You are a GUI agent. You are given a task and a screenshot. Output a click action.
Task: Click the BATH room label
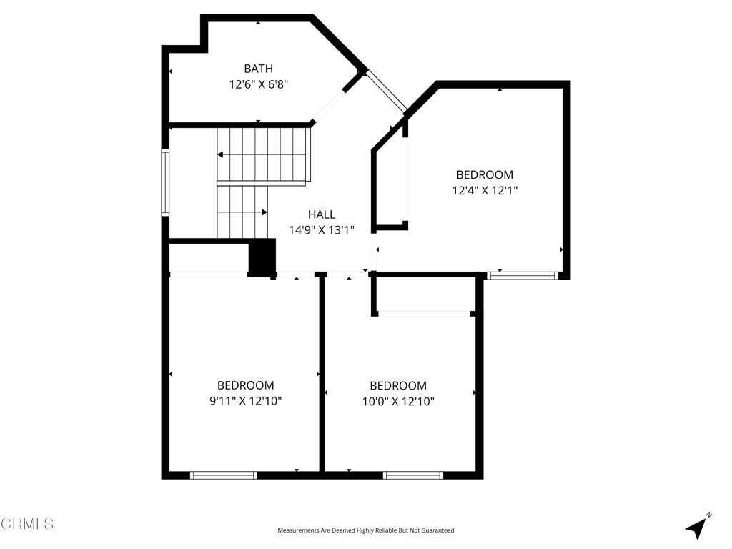pyautogui.click(x=258, y=69)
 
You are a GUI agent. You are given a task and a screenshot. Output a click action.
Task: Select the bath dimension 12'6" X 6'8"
pyautogui.click(x=258, y=84)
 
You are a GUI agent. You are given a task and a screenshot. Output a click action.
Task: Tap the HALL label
pyautogui.click(x=322, y=214)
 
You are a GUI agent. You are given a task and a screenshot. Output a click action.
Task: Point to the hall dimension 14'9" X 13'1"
pyautogui.click(x=322, y=230)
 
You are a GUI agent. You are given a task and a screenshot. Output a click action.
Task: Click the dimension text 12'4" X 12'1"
pyautogui.click(x=485, y=191)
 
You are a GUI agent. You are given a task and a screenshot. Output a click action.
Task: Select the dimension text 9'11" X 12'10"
pyautogui.click(x=245, y=401)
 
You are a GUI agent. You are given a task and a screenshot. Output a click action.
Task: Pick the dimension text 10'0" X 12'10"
pyautogui.click(x=398, y=402)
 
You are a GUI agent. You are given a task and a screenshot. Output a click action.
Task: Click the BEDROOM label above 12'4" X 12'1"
pyautogui.click(x=485, y=174)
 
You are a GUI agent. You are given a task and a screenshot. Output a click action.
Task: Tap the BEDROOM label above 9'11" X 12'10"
pyautogui.click(x=245, y=385)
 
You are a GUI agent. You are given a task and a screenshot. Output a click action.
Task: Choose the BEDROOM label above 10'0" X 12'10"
pyautogui.click(x=398, y=386)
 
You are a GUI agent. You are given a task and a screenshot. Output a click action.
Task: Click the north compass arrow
pyautogui.click(x=696, y=528)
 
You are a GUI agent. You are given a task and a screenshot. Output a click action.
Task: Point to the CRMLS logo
pyautogui.click(x=27, y=524)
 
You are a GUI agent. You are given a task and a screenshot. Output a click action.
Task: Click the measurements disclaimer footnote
pyautogui.click(x=365, y=530)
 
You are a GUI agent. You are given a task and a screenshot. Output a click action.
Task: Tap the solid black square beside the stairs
pyautogui.click(x=262, y=257)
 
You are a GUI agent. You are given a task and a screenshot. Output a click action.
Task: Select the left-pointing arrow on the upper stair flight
pyautogui.click(x=221, y=154)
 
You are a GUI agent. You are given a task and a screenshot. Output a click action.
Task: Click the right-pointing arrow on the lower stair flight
pyautogui.click(x=264, y=212)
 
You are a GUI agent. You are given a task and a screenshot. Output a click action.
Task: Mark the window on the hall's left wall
pyautogui.click(x=165, y=182)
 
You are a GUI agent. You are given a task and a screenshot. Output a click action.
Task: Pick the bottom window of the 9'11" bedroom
pyautogui.click(x=223, y=475)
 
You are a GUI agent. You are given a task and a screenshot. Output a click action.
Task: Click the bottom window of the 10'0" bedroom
pyautogui.click(x=413, y=475)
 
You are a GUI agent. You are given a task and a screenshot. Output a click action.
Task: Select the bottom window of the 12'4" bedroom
pyautogui.click(x=522, y=275)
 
